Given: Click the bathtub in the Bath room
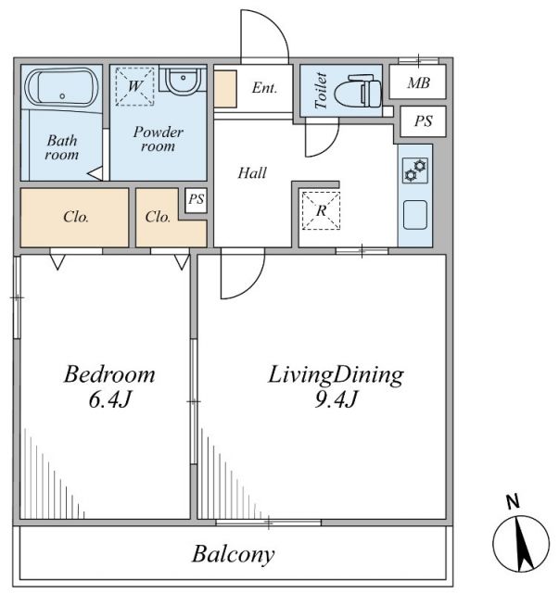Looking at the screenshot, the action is [x=62, y=87].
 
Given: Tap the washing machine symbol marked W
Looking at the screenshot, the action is [x=134, y=86].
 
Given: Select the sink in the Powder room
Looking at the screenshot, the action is [x=183, y=81].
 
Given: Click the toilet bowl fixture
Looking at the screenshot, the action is [x=358, y=91].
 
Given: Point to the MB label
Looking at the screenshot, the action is [x=418, y=82].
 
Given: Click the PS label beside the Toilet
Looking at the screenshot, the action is [x=423, y=121].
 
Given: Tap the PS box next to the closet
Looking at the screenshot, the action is [x=197, y=200].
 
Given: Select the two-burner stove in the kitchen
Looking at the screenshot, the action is [x=415, y=170].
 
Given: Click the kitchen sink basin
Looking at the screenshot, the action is [x=415, y=214].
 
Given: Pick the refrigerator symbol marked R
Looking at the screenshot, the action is [x=321, y=210].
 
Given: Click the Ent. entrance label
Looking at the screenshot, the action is [x=264, y=88].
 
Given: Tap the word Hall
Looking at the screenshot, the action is [x=252, y=173].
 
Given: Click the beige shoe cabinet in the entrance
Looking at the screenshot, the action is [x=225, y=89].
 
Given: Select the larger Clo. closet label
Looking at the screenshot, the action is [x=76, y=217].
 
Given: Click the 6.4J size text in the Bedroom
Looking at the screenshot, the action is [x=109, y=399].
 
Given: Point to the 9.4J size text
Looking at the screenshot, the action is [x=336, y=399].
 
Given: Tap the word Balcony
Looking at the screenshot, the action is [x=233, y=555].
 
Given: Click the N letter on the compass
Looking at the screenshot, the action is [x=513, y=502].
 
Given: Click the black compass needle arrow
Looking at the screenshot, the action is [x=524, y=544].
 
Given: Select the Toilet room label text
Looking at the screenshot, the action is [x=321, y=91].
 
